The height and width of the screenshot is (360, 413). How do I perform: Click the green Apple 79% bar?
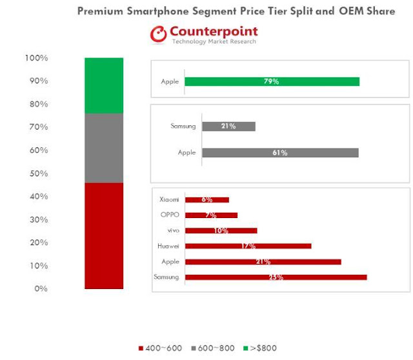pyautogui.click(x=272, y=82)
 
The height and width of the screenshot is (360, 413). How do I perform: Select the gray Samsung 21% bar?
pyautogui.click(x=228, y=126)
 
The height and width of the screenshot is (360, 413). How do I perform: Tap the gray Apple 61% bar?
pyautogui.click(x=280, y=153)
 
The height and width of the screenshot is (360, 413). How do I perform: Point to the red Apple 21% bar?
pyautogui.click(x=263, y=261)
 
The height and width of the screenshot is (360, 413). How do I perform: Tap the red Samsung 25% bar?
pyautogui.click(x=276, y=277)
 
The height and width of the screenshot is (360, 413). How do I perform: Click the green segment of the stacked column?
pyautogui.click(x=103, y=85)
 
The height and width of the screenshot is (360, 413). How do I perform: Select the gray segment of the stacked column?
pyautogui.click(x=103, y=148)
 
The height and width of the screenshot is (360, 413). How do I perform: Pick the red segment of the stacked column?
pyautogui.click(x=103, y=235)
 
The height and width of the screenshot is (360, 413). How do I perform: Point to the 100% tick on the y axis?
pyautogui.click(x=36, y=58)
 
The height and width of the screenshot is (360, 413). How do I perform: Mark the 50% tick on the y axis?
pyautogui.click(x=37, y=174)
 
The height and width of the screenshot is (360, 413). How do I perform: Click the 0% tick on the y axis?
pyautogui.click(x=41, y=289)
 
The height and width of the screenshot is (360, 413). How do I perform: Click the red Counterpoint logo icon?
pyautogui.click(x=159, y=35)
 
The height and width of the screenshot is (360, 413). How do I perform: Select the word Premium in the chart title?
pyautogui.click(x=102, y=11)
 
